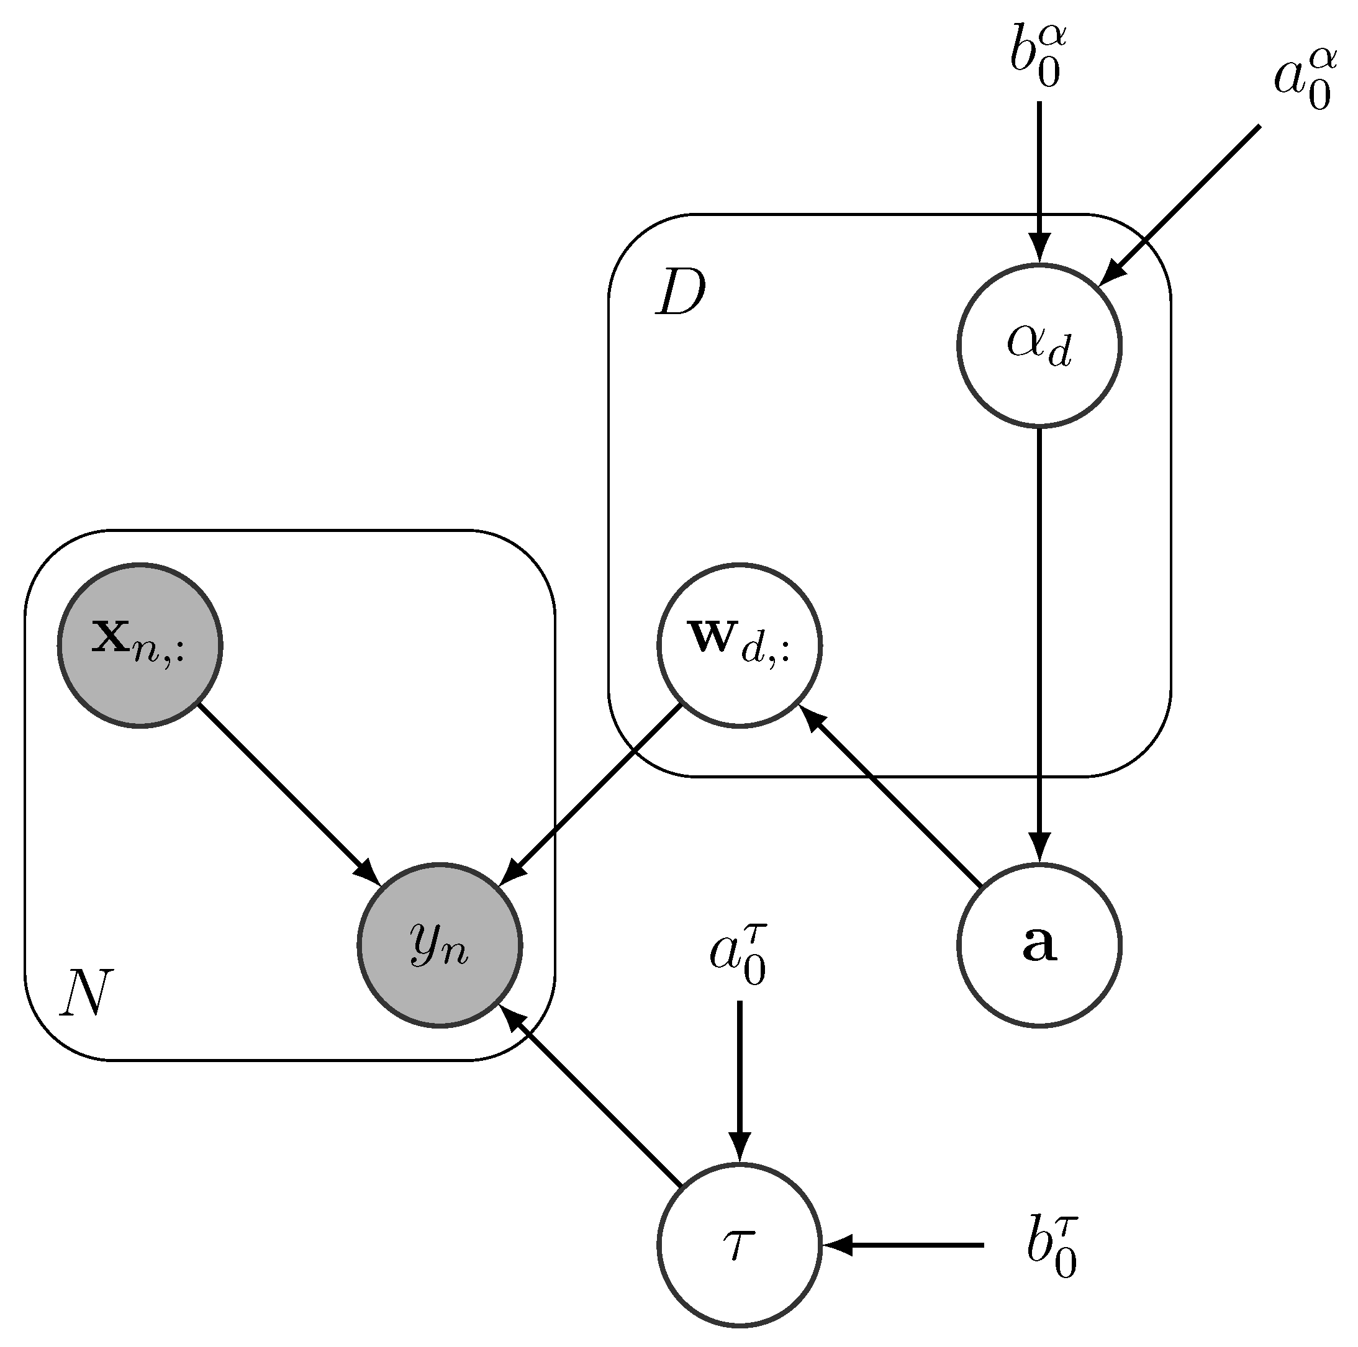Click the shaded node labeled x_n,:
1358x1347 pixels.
coord(140,644)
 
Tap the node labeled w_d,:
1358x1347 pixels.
coord(740,644)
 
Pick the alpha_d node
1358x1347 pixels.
coord(1039,345)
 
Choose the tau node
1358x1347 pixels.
coord(740,1245)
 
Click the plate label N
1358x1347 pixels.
coord(86,993)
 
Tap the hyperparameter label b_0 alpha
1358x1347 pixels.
coord(1038,59)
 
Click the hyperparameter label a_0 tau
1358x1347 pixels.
coord(736,955)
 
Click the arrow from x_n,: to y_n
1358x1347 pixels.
coord(288,794)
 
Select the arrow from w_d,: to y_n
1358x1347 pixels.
coord(591,794)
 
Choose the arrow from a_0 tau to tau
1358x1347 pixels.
coord(740,1082)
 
